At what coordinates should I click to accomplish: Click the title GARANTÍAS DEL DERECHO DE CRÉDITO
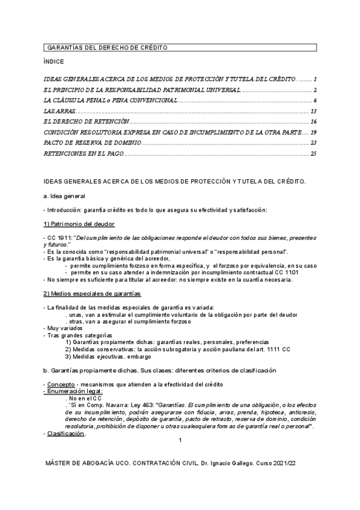pyautogui.click(x=107, y=47)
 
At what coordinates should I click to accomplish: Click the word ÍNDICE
pyautogui.click(x=53, y=62)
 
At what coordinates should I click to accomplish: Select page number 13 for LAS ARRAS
pyautogui.click(x=313, y=112)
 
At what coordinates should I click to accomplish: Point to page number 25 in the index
pyautogui.click(x=313, y=154)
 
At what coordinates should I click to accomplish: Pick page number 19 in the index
pyautogui.click(x=313, y=132)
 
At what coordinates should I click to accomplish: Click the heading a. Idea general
pyautogui.click(x=64, y=196)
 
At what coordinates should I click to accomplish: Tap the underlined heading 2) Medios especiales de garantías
pyautogui.click(x=92, y=293)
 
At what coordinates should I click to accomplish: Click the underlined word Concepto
pyautogui.click(x=61, y=383)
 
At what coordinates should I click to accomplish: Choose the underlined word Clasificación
pyautogui.click(x=66, y=433)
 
